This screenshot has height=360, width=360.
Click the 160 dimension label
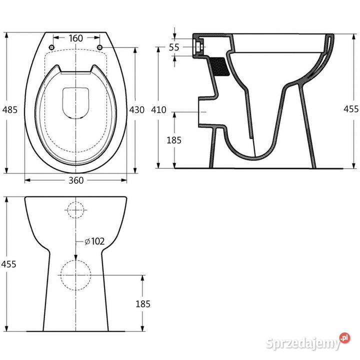pyautogui.click(x=76, y=38)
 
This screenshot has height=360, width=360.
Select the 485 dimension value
pyautogui.click(x=10, y=109)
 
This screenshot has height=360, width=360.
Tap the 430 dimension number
pyautogui.click(x=137, y=109)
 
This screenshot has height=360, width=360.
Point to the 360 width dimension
pyautogui.click(x=76, y=180)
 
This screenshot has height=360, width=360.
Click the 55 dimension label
pyautogui.click(x=174, y=47)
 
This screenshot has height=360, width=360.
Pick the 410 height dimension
pyautogui.click(x=158, y=109)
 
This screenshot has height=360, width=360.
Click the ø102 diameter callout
pyautogui.click(x=94, y=241)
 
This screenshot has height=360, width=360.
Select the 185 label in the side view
pyautogui.click(x=174, y=140)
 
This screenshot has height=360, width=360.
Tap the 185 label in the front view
pyautogui.click(x=143, y=304)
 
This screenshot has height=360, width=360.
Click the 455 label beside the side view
pyautogui.click(x=351, y=109)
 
